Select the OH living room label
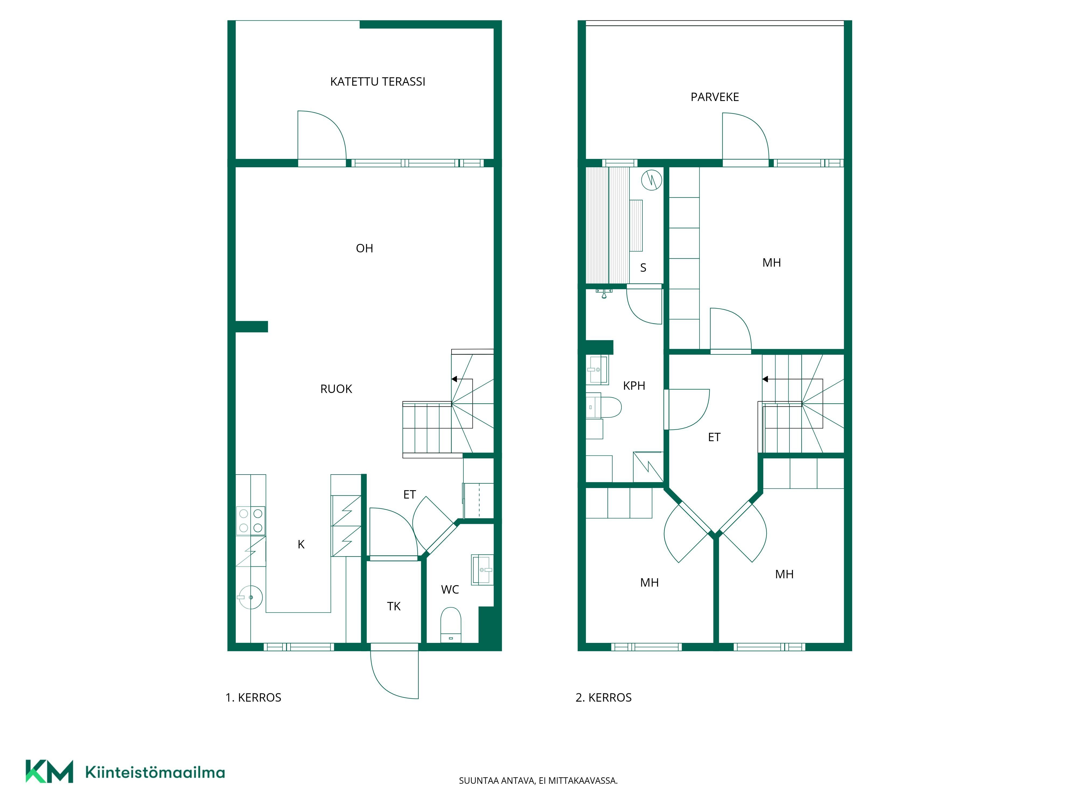tap(364, 248)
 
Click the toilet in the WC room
tap(450, 625)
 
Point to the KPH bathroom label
tap(634, 386)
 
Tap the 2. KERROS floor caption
tap(603, 698)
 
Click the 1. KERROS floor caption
tap(253, 698)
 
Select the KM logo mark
tap(49, 771)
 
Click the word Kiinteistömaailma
tap(155, 772)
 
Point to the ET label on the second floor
tap(714, 437)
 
